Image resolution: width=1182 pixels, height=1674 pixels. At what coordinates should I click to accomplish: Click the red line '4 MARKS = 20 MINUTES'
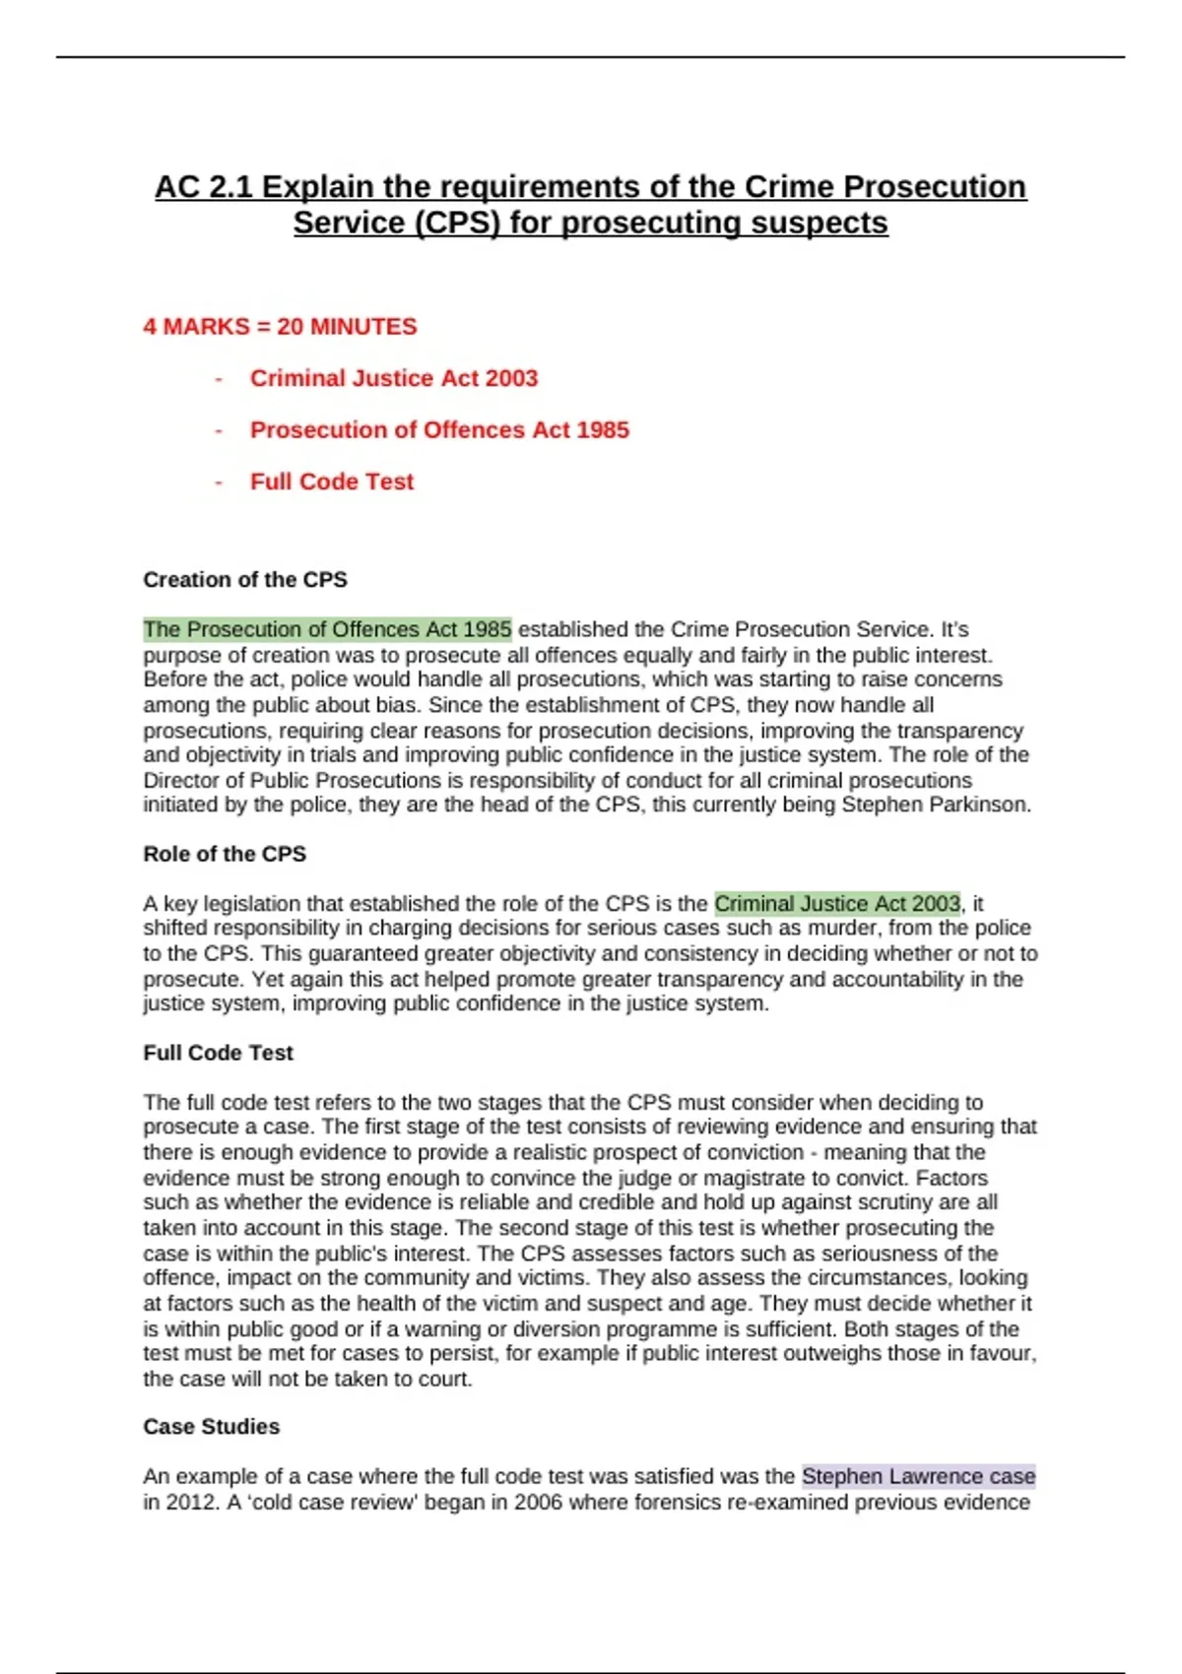280,327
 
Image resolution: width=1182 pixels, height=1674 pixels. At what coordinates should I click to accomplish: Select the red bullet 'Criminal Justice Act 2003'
393,378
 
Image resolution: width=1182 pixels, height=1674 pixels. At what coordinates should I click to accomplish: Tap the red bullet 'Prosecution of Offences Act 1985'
438,430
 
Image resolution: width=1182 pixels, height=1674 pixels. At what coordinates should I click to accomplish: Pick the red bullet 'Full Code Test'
331,482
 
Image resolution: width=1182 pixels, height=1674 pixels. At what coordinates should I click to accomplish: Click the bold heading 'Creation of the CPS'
245,580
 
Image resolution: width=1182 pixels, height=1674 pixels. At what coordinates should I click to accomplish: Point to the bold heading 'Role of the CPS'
225,854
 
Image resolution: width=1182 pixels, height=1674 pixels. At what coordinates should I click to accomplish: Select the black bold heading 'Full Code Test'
218,1053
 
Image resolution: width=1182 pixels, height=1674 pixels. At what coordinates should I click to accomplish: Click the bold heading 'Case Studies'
211,1427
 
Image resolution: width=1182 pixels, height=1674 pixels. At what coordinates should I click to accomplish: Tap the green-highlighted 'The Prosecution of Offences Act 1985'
327,629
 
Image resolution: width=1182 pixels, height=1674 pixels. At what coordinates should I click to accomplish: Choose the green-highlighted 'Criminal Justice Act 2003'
836,904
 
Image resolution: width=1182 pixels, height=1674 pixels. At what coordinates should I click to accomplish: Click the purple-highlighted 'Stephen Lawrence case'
918,1477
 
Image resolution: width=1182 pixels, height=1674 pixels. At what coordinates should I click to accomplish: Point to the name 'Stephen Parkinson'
935,805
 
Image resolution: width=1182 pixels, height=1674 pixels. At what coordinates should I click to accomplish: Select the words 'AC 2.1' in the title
203,187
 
